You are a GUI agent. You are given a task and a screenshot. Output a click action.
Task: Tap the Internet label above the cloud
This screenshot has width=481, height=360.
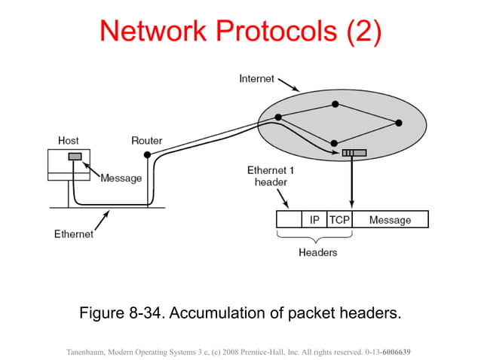[x=256, y=78]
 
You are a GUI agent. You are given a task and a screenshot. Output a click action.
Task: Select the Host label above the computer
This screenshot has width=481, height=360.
[x=69, y=140]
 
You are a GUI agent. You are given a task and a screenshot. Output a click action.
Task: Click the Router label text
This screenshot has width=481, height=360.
[x=146, y=140]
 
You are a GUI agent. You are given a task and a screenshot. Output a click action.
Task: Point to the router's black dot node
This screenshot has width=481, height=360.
[x=147, y=154]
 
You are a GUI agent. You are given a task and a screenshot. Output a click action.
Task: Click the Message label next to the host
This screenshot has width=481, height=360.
[x=121, y=178]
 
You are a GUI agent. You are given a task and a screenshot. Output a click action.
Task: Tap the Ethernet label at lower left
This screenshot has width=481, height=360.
[x=74, y=233]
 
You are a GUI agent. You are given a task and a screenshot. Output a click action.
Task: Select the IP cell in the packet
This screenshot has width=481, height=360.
[x=314, y=220]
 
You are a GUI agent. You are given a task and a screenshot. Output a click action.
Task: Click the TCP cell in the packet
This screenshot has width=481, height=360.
[x=339, y=220]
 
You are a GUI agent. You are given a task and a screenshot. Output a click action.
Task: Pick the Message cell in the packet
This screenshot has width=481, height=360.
[x=390, y=220]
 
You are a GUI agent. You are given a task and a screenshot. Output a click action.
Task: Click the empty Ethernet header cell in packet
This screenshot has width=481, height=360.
[x=289, y=220]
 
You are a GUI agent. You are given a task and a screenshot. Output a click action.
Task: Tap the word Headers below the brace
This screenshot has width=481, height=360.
[x=317, y=252]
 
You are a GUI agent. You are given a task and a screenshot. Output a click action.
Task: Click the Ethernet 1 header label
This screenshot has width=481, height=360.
[x=270, y=176]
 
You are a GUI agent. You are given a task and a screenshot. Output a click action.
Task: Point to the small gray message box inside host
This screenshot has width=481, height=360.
[x=75, y=157]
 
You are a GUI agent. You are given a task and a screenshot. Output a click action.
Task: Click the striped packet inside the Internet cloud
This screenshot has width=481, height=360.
[x=354, y=153]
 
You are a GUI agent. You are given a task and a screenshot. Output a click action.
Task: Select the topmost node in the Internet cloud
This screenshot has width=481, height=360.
[x=335, y=104]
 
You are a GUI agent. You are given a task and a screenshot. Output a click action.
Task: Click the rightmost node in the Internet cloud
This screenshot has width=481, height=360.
[x=399, y=122]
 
